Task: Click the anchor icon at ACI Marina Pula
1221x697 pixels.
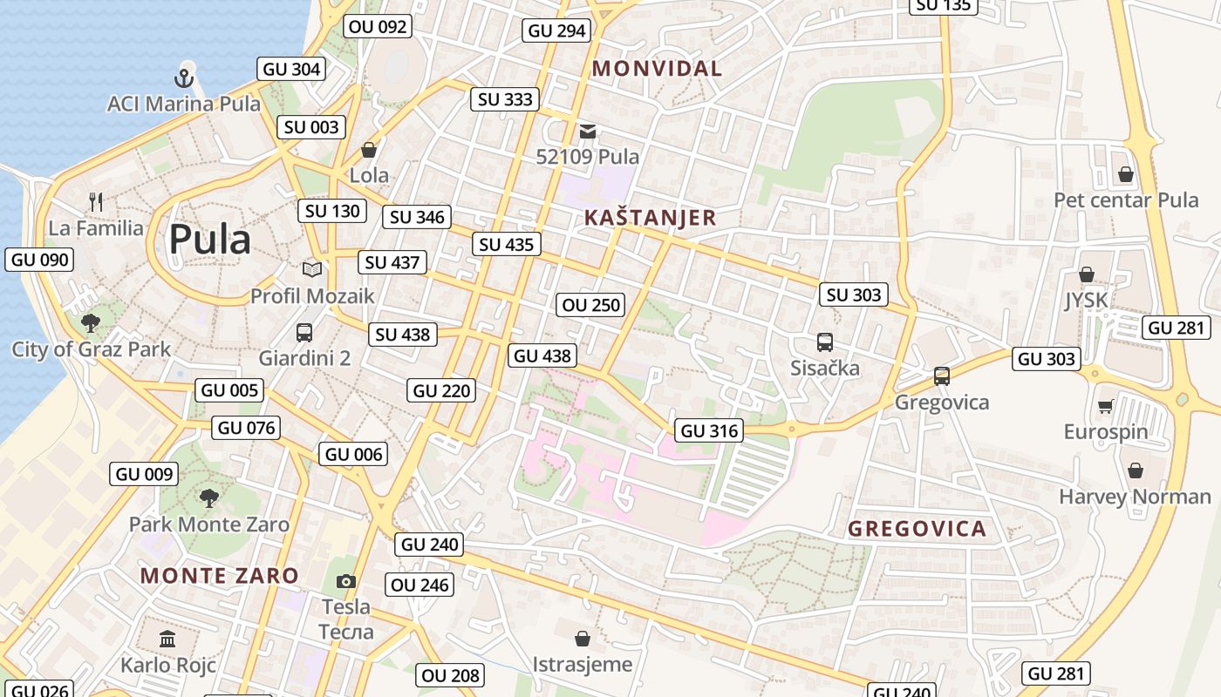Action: point(183,78)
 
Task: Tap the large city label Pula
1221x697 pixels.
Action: point(209,239)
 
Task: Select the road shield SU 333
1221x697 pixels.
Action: point(506,99)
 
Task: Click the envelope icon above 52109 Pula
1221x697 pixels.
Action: point(589,132)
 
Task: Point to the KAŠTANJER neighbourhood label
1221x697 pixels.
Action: point(650,218)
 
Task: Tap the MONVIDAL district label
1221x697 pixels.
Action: point(658,69)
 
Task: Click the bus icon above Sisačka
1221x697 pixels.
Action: point(824,342)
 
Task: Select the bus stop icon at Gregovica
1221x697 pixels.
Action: point(942,376)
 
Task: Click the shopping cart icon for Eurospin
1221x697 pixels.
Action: point(1106,406)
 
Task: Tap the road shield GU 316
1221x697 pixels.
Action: point(710,430)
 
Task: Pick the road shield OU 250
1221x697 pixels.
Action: point(591,305)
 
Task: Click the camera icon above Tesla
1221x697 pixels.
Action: point(346,581)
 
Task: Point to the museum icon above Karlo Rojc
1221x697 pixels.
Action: point(167,639)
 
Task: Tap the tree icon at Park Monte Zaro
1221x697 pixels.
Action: point(208,498)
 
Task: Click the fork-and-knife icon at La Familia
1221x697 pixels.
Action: point(96,202)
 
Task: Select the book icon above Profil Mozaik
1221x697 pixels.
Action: point(311,270)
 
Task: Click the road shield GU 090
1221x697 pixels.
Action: point(39,260)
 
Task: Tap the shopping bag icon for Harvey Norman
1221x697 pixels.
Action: point(1135,471)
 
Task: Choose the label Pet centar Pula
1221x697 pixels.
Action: point(1126,200)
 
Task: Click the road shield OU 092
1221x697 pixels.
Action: point(378,26)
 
